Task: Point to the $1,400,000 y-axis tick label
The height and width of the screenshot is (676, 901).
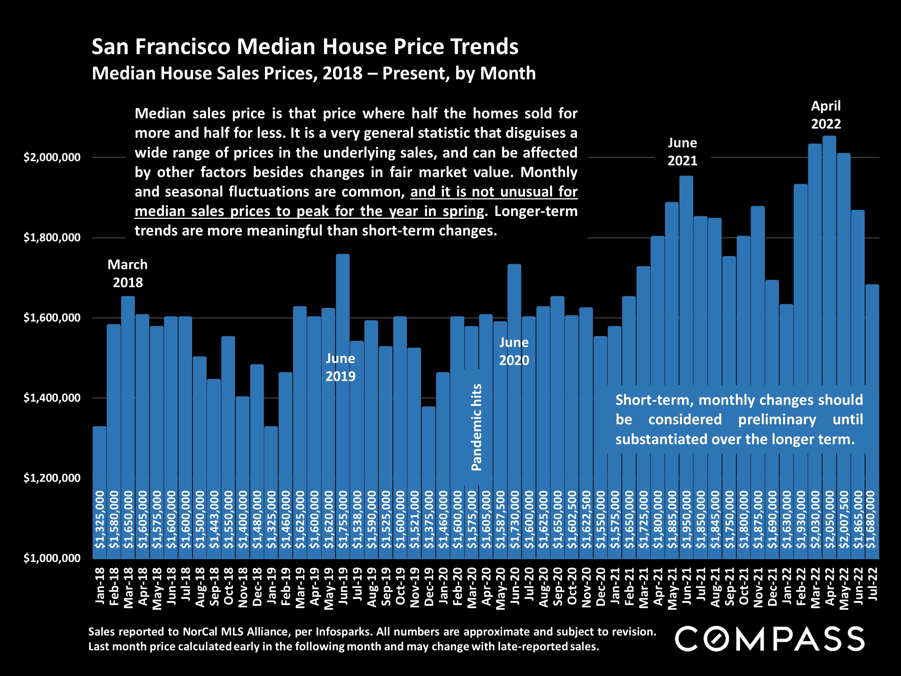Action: pos(52,398)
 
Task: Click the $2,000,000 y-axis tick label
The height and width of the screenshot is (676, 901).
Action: pos(52,157)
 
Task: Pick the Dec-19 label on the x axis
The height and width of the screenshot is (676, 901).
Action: pos(429,587)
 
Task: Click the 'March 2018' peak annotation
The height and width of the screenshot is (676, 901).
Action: pos(128,273)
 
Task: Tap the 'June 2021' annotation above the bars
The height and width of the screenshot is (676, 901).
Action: pos(682,151)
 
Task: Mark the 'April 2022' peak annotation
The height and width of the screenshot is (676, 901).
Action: pos(826,115)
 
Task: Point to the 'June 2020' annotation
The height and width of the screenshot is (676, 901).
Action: pos(514,351)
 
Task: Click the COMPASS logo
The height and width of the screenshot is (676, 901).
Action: pos(769,639)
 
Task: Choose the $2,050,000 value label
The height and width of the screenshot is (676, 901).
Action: pos(830,520)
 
